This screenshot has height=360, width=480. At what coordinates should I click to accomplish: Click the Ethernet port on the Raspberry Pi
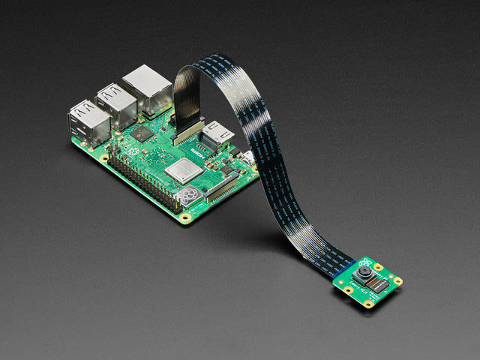pos(148,89)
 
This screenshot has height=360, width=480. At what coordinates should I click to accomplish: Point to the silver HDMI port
pos(217,134)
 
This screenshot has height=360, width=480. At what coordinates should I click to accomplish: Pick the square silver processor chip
pos(184,172)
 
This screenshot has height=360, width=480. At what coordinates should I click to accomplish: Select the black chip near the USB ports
pos(141,133)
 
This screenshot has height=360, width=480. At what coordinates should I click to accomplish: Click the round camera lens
pos(364,274)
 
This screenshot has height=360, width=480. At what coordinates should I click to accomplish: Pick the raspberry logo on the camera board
pos(364,262)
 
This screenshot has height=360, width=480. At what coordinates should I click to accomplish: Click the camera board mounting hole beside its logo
pos(379,266)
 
